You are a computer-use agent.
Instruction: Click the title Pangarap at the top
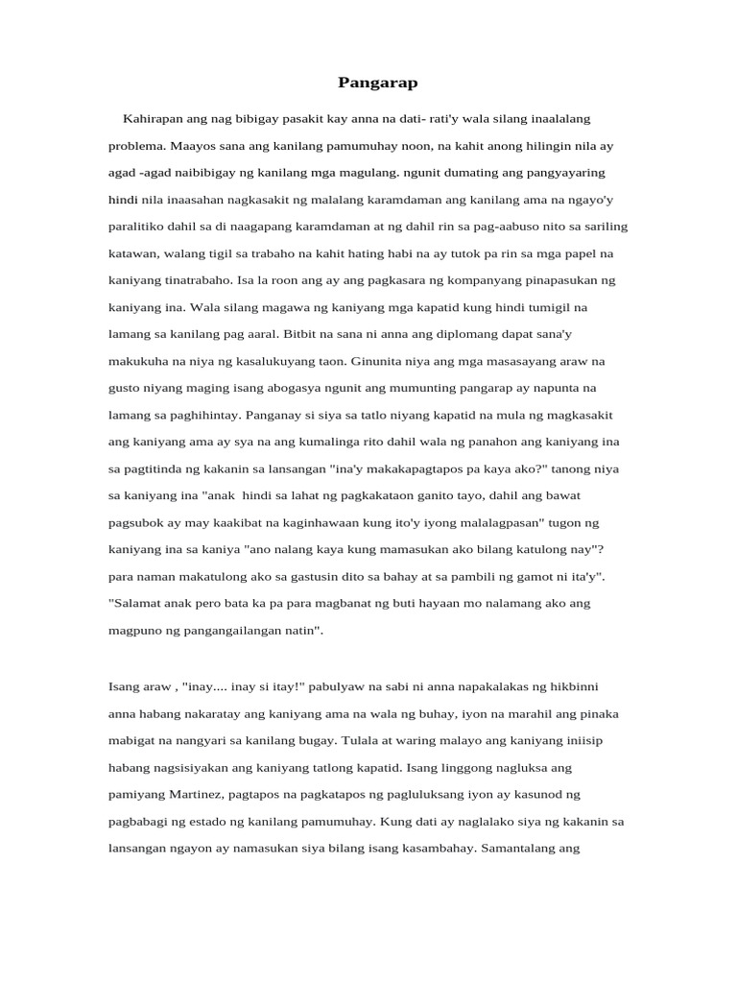coord(378,83)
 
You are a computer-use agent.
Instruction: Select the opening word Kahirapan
coord(155,118)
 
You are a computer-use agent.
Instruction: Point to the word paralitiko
coord(139,228)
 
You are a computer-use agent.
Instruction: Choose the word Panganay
coord(275,415)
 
